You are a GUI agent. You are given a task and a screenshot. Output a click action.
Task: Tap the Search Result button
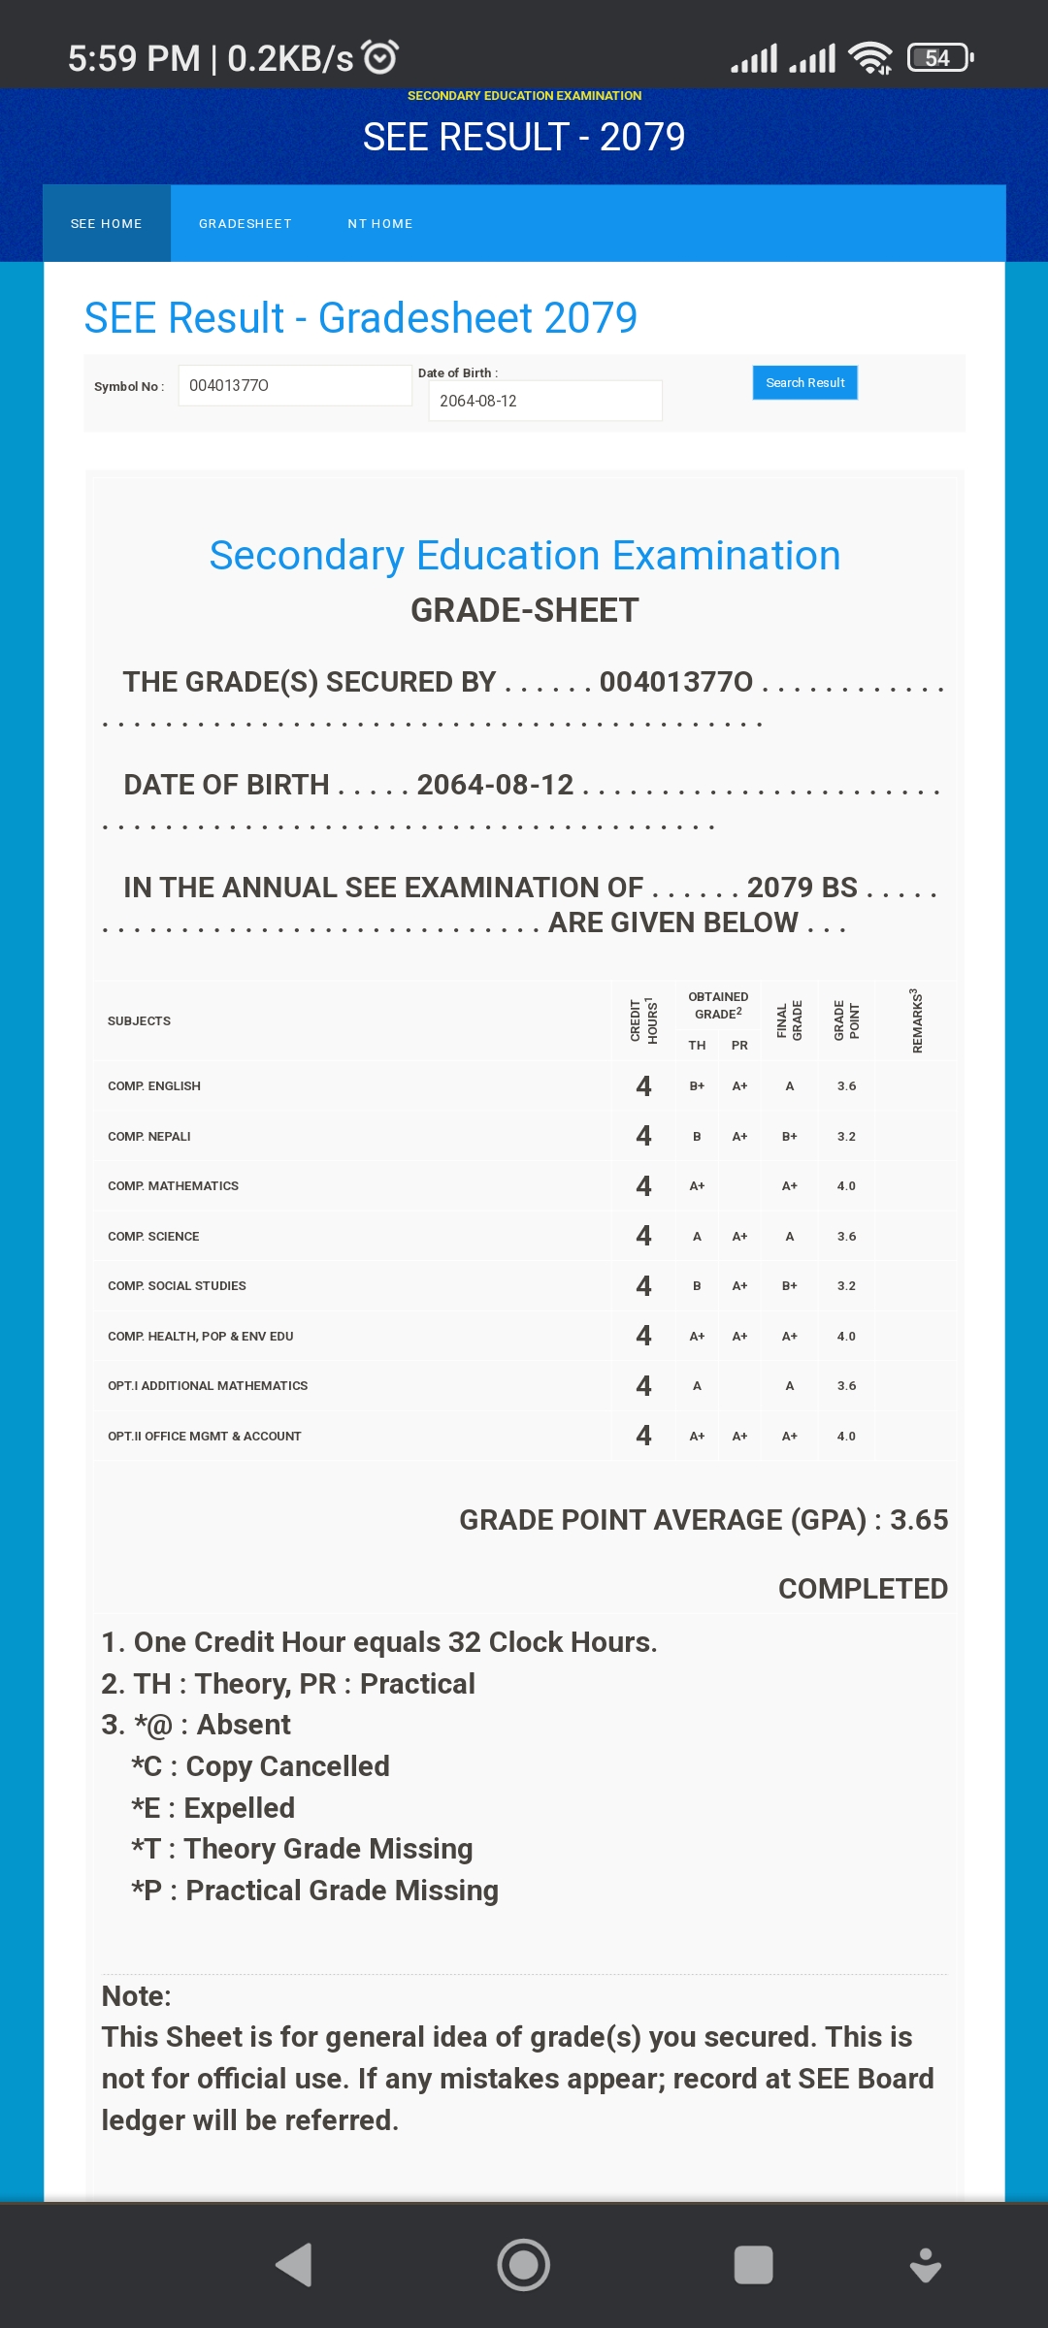[x=804, y=383]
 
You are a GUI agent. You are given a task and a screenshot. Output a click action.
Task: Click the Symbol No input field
[x=295, y=385]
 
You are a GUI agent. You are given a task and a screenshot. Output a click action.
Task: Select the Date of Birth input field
[x=544, y=401]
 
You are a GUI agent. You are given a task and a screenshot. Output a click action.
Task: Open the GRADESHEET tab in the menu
[x=246, y=224]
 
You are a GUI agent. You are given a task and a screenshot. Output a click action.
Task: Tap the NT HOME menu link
[x=380, y=224]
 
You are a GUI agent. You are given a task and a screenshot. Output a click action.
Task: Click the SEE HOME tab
[x=107, y=224]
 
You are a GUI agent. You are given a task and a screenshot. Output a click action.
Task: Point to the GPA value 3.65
[x=919, y=1520]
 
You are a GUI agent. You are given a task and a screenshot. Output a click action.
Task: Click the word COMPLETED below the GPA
[x=863, y=1589]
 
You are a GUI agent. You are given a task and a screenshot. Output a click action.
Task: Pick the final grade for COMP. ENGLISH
[x=790, y=1086]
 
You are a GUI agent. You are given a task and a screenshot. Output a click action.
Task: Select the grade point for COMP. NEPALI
[x=846, y=1137]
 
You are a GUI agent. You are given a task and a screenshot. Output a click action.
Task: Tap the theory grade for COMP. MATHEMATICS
[x=697, y=1186]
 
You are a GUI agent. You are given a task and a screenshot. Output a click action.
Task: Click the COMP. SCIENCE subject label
[x=153, y=1237]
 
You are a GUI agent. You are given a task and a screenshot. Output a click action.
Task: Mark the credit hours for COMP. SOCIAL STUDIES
[x=643, y=1286]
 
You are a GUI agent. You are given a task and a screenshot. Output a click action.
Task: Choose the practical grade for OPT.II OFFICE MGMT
[x=739, y=1437]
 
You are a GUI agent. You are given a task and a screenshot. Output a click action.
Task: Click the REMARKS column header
[x=916, y=1021]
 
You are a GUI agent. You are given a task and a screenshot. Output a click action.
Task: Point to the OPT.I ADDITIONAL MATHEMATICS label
[x=208, y=1386]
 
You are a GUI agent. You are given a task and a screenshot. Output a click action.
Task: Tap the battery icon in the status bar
[x=939, y=58]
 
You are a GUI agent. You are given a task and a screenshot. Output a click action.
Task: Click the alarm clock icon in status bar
[x=379, y=57]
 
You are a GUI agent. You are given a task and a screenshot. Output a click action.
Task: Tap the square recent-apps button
[x=753, y=2265]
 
